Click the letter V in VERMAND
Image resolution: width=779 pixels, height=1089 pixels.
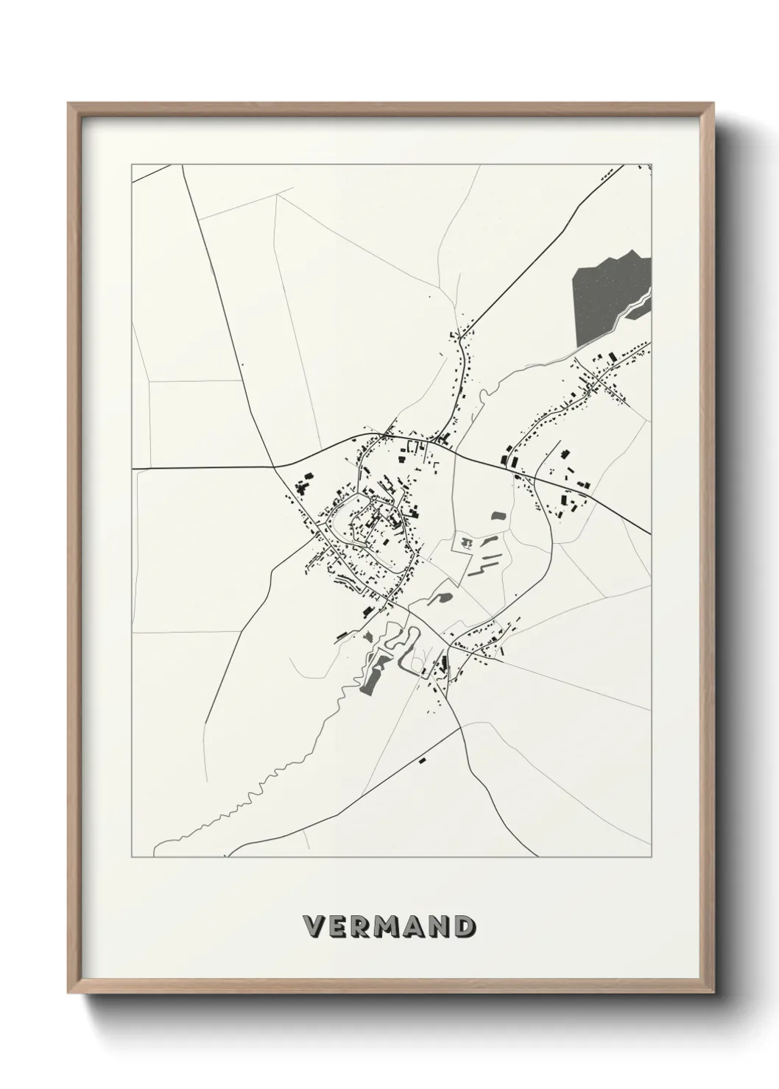coord(311,926)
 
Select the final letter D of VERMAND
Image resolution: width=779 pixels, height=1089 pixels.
coord(462,926)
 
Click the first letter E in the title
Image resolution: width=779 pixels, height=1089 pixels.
coord(335,926)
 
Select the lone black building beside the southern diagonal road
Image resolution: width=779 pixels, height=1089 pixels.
coord(423,760)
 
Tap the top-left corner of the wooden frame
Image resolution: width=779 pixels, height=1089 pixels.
coord(70,105)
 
